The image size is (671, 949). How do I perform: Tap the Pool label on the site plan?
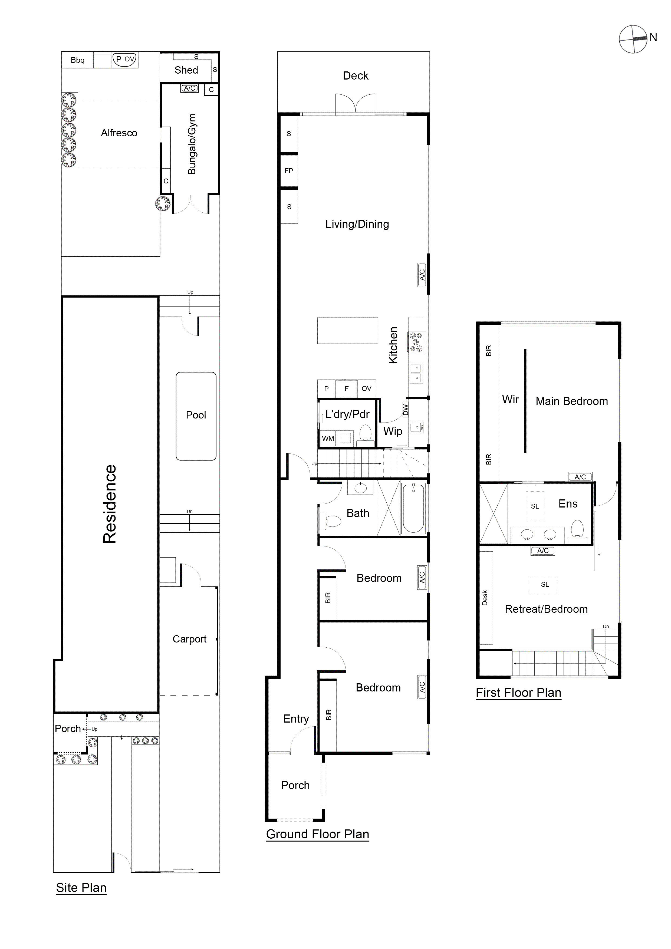coord(196,415)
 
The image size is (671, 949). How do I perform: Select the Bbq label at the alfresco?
coord(77,60)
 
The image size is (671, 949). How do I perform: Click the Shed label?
coord(186,70)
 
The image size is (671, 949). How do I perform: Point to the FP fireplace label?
coord(289,171)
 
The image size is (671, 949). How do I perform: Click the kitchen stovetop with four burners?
coord(416,342)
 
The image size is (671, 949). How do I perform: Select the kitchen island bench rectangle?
coord(347,330)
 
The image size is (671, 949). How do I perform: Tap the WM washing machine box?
coord(328,439)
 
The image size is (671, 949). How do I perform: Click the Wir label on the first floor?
coord(510,400)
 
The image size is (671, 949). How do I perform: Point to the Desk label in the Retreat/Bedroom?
coord(485,598)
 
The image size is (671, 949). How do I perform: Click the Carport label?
coord(189,639)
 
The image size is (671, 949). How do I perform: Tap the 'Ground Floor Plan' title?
coord(318,834)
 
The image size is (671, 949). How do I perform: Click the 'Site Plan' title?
coord(81,888)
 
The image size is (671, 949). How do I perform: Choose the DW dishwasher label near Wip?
coord(406,410)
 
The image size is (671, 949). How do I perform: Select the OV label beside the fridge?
coord(367,388)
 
